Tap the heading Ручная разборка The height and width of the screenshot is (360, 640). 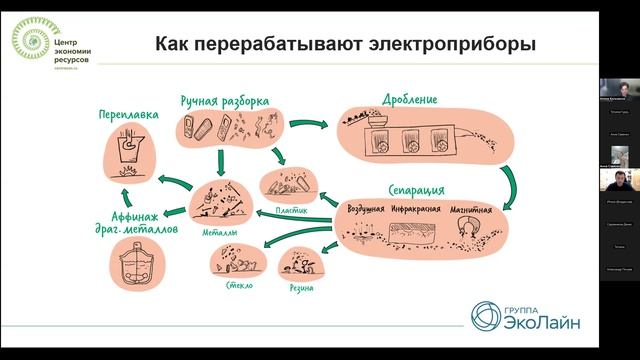coord(225,101)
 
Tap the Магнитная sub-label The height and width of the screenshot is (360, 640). coord(469,209)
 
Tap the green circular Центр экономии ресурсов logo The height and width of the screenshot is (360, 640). coord(28,39)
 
